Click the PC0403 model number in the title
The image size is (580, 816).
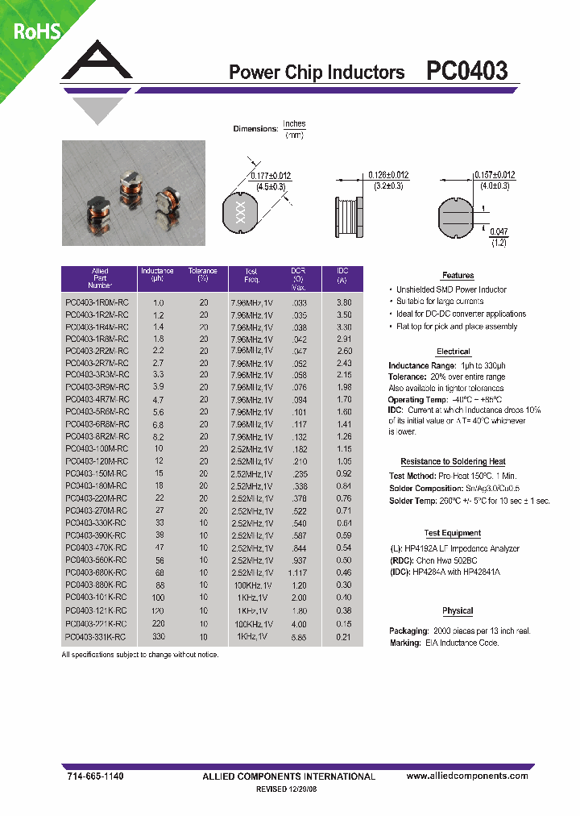click(x=466, y=72)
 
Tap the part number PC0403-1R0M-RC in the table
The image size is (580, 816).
click(x=96, y=302)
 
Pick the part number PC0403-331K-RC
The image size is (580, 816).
click(x=96, y=637)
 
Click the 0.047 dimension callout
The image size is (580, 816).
click(x=499, y=231)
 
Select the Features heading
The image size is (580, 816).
click(x=458, y=276)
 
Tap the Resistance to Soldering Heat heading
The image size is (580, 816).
click(x=453, y=461)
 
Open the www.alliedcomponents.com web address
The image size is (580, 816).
click(x=467, y=776)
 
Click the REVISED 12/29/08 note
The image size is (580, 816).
click(x=288, y=790)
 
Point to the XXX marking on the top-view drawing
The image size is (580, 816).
click(x=238, y=213)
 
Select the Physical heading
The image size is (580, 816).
click(x=458, y=610)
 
